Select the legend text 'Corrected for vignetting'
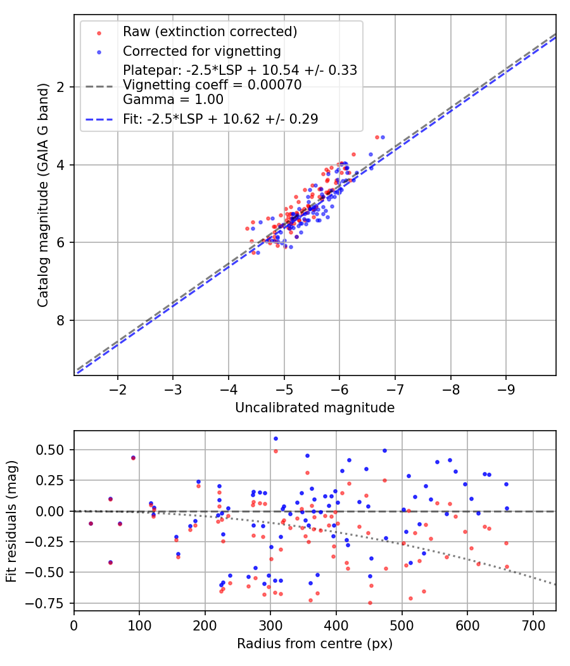(x=202, y=51)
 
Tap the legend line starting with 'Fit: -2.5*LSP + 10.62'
(x=220, y=119)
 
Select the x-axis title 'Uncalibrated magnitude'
(x=315, y=408)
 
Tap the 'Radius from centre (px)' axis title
(x=315, y=644)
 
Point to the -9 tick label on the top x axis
(x=505, y=388)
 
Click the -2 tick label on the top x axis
(x=118, y=388)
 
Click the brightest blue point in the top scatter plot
(x=382, y=137)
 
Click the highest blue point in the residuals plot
(x=275, y=438)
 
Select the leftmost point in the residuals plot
(x=91, y=523)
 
